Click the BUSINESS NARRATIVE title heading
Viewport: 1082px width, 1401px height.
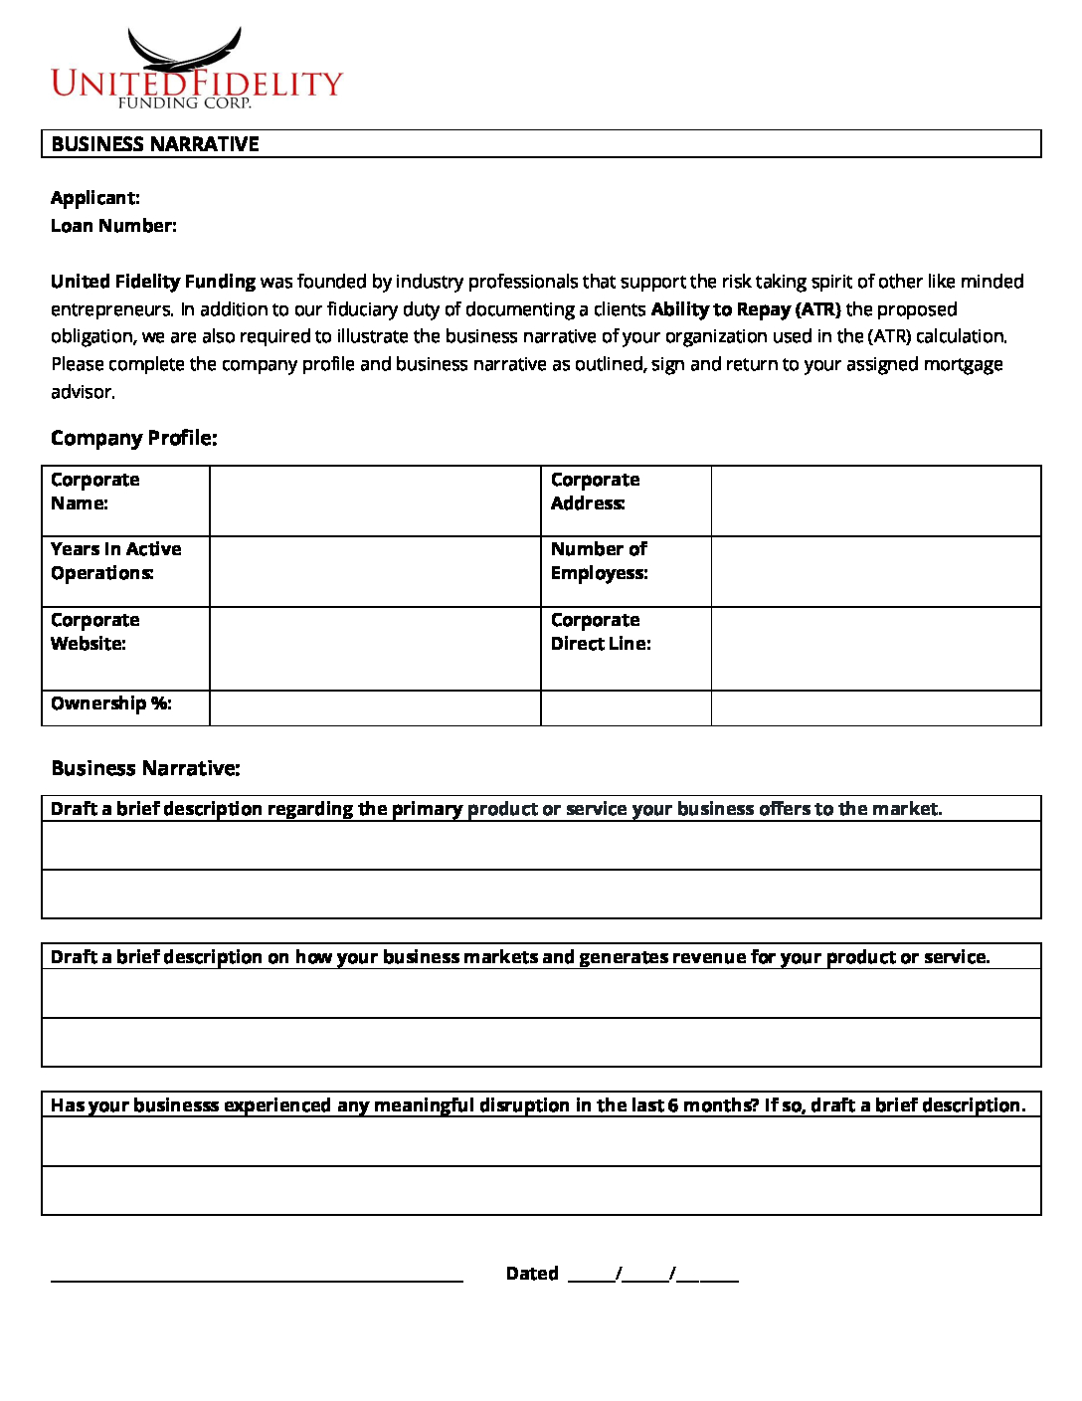click(x=155, y=144)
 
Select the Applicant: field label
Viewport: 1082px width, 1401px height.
click(x=95, y=198)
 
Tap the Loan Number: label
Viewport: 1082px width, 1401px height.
click(x=113, y=226)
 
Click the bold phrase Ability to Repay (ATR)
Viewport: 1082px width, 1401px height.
click(x=745, y=309)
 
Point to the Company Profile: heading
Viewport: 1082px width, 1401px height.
click(x=133, y=438)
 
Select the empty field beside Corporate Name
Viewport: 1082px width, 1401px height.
click(x=375, y=501)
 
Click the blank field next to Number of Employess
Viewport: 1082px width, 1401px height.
click(x=875, y=572)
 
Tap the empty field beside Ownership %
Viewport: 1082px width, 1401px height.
click(x=375, y=708)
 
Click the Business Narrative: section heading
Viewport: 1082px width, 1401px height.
click(x=145, y=768)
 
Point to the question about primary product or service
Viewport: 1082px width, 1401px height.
click(x=496, y=809)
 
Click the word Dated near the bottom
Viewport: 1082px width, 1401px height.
click(x=532, y=1274)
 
